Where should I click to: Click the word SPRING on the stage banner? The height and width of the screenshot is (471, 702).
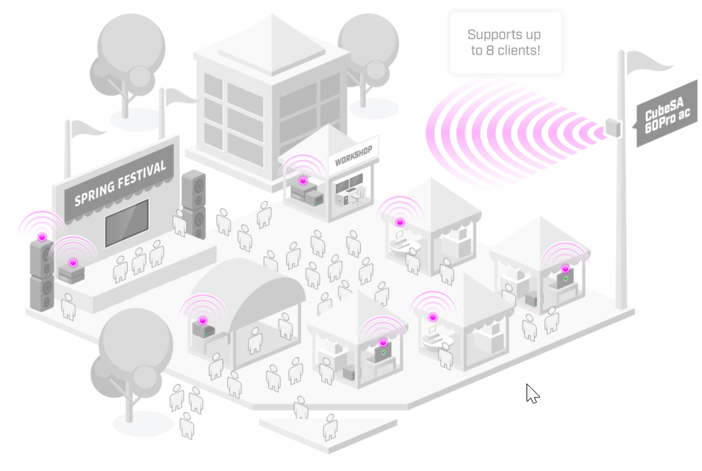click(98, 191)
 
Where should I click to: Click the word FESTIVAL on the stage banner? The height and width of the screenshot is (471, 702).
click(141, 176)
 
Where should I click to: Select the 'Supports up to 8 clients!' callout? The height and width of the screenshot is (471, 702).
click(505, 43)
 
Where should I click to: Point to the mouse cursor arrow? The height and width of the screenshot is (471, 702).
click(532, 393)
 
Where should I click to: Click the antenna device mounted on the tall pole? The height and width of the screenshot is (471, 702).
click(614, 129)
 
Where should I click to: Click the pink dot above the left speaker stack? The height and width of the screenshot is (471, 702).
click(42, 237)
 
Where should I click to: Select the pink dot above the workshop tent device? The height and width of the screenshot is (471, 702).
click(303, 181)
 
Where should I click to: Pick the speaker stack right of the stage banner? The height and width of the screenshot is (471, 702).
click(193, 204)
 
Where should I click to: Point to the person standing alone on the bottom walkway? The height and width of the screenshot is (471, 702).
click(330, 428)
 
